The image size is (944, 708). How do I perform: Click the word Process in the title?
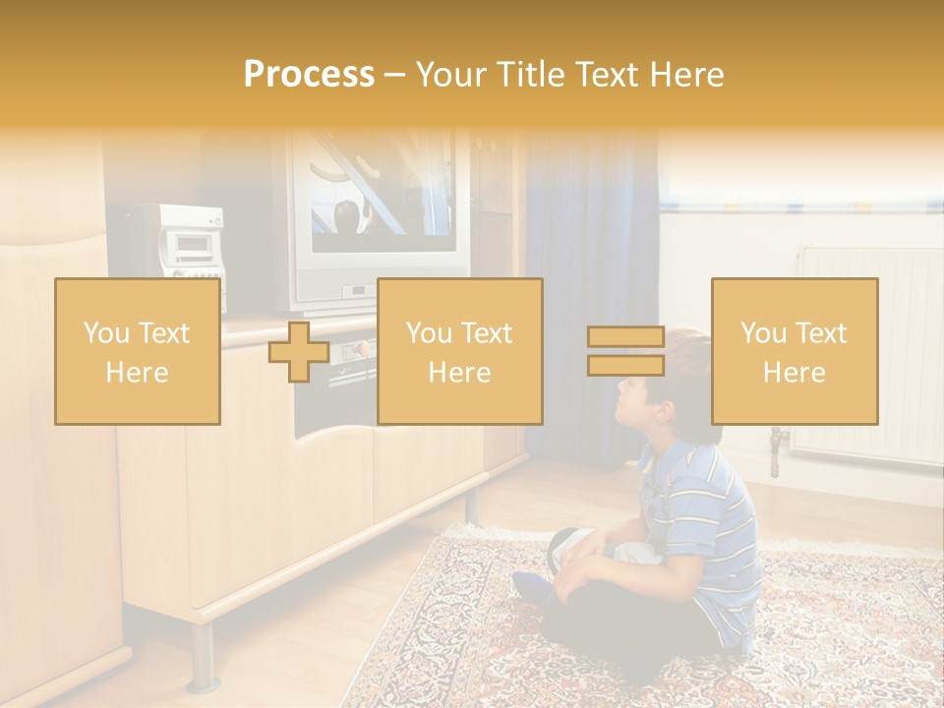pyautogui.click(x=309, y=75)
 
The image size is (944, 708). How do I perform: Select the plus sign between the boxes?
pyautogui.click(x=299, y=351)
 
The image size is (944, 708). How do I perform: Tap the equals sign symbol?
pyautogui.click(x=625, y=351)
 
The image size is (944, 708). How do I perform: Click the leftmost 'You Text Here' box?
pyautogui.click(x=138, y=351)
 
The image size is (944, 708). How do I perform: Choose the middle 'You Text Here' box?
pyautogui.click(x=459, y=351)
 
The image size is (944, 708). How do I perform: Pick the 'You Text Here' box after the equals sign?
pyautogui.click(x=795, y=351)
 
